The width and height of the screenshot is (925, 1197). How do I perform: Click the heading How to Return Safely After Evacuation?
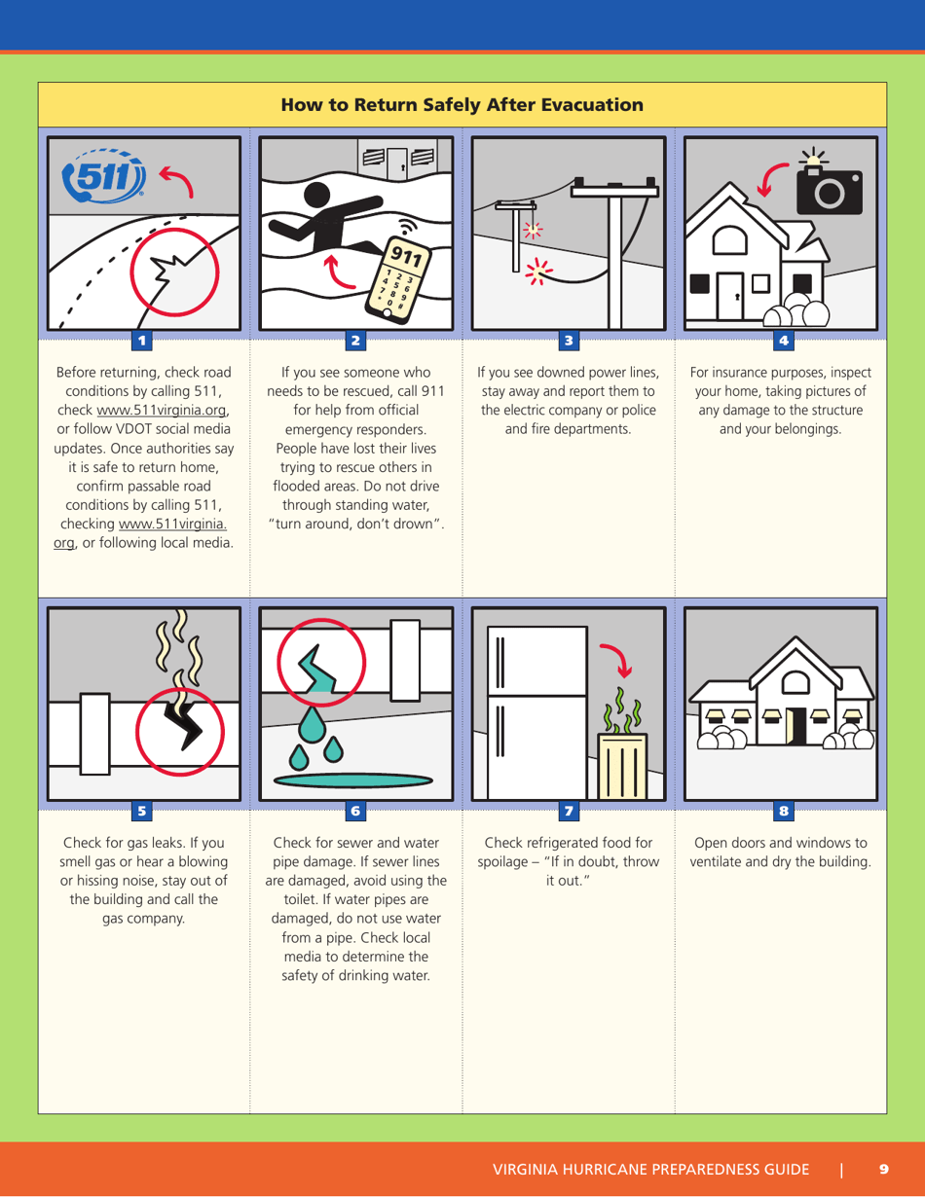coord(462,105)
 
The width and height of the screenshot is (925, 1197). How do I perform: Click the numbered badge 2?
coord(355,341)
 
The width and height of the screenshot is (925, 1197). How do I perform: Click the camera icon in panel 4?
coord(830,190)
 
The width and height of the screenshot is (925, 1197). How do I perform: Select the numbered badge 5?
coord(142,810)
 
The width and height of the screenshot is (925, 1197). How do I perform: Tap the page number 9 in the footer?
coord(883,1169)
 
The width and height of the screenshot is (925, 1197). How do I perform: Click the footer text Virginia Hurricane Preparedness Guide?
coord(650,1169)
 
